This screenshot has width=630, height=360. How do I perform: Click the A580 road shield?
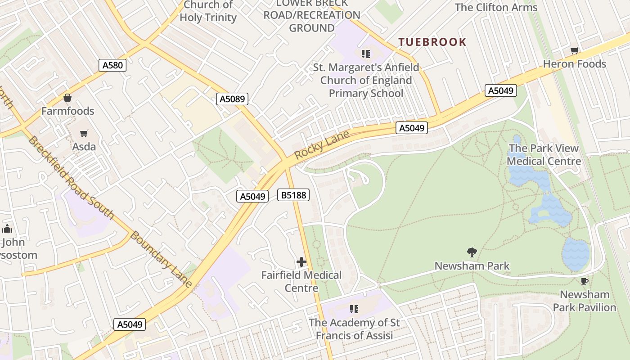112,65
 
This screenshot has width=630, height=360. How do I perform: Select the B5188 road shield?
293,195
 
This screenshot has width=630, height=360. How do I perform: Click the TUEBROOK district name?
432,42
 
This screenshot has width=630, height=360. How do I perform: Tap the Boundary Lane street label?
161,259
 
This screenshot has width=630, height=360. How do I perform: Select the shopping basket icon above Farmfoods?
67,98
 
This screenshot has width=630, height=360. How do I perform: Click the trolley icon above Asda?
84,133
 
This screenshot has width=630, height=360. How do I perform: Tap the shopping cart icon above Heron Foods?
574,50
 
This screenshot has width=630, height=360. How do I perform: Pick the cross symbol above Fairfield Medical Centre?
301,262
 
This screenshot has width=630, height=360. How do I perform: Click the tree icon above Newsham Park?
472,252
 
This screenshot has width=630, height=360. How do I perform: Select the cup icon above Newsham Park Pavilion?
584,282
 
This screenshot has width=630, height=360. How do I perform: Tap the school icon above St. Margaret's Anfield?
366,54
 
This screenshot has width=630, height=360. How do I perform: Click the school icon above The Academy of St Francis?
354,309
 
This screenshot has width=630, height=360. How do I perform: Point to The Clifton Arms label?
496,8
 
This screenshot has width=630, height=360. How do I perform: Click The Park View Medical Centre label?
544,155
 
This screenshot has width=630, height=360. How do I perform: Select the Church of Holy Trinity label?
208,12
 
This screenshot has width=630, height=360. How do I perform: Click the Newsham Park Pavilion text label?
584,301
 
